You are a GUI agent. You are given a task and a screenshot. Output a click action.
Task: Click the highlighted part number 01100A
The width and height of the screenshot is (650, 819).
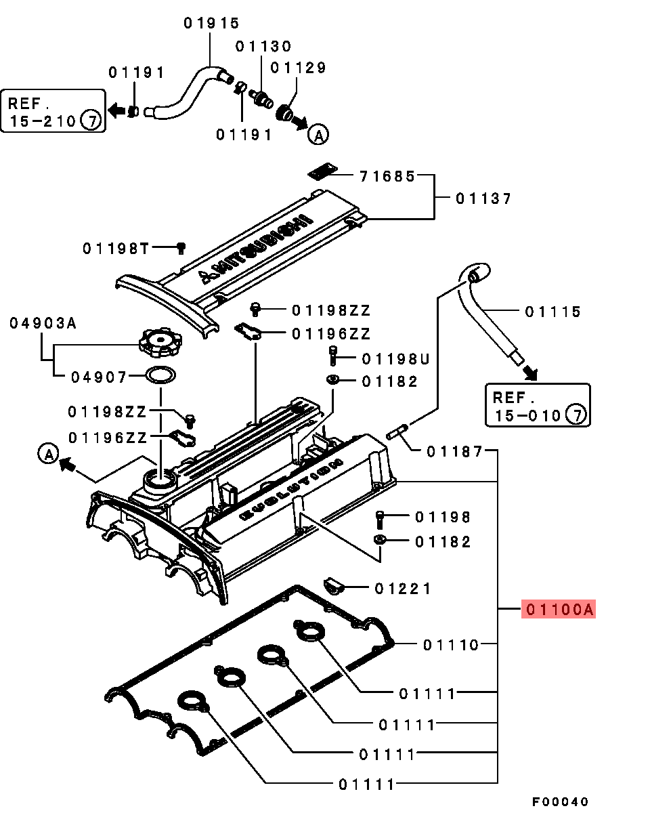[559, 610]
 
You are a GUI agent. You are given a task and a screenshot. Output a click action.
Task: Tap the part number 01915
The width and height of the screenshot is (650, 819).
[211, 23]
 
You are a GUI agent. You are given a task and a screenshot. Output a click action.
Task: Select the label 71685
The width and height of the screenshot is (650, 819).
[387, 176]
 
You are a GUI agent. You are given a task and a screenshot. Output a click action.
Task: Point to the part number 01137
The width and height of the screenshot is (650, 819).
[483, 198]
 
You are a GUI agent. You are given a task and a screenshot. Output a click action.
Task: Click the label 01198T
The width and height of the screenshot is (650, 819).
[116, 249]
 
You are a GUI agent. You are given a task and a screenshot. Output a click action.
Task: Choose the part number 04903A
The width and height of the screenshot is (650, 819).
[43, 323]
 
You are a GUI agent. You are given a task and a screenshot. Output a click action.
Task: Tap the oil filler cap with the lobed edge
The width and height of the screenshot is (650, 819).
[160, 341]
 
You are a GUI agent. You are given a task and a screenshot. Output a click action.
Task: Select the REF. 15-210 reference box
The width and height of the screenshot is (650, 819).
[53, 112]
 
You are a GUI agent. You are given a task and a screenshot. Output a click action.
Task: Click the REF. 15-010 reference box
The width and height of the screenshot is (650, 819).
[538, 406]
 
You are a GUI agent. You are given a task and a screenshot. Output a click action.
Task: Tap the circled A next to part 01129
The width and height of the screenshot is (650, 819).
[318, 135]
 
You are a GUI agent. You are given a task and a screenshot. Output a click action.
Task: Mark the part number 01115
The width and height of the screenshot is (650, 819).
[553, 312]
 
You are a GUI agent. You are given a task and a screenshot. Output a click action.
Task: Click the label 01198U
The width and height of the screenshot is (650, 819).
[396, 358]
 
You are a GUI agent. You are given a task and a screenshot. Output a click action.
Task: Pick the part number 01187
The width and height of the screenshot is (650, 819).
[454, 451]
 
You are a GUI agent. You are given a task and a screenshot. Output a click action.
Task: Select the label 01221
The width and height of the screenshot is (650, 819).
[403, 589]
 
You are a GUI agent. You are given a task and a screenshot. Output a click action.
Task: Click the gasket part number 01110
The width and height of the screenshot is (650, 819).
[451, 644]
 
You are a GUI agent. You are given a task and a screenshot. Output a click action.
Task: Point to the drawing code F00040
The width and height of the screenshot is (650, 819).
[560, 801]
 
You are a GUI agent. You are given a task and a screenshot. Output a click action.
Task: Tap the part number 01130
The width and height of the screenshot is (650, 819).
[263, 46]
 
